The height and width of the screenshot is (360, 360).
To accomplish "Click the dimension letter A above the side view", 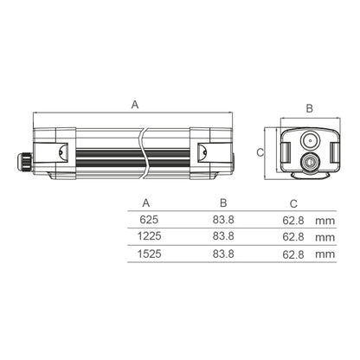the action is (x=135, y=105).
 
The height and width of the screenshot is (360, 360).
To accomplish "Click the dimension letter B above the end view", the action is (x=309, y=108).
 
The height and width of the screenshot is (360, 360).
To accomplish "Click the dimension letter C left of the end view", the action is (x=260, y=152).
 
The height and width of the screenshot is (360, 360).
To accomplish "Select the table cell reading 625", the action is (x=149, y=220).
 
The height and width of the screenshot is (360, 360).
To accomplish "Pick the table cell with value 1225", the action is (x=149, y=236).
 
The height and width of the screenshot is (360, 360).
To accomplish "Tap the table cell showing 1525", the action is (x=149, y=254).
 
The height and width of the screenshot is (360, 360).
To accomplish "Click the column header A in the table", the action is (x=146, y=203).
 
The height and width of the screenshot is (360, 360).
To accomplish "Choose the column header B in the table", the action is (x=223, y=202).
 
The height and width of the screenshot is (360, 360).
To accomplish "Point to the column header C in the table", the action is (x=293, y=204).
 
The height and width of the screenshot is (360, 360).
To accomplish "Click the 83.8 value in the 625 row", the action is (x=223, y=220).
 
